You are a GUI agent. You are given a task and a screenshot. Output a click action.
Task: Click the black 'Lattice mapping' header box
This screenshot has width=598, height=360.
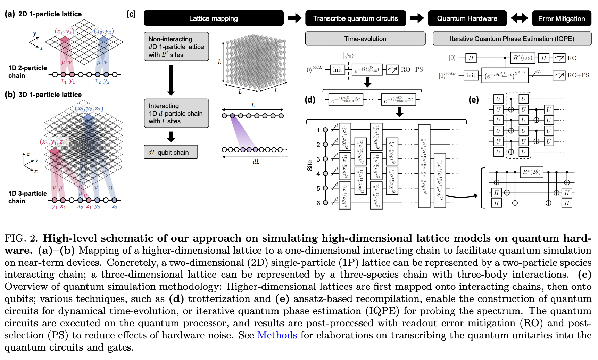[x=213, y=18]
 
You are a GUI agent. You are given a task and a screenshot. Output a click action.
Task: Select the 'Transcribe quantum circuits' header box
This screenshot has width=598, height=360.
[x=355, y=18]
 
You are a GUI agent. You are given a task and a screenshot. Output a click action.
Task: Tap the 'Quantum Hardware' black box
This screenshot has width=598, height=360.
[x=467, y=18]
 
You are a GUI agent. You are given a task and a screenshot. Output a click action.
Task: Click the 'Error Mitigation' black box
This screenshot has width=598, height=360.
[x=561, y=19]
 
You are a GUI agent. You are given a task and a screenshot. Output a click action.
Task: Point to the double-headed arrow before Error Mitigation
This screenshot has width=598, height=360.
[x=519, y=18]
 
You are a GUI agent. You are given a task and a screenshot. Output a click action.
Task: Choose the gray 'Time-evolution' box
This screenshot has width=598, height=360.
[x=365, y=39]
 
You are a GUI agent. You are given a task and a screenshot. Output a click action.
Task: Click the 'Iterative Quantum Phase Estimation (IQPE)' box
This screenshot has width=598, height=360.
[x=512, y=39]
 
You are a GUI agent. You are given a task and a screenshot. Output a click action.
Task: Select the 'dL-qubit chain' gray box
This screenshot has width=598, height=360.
[x=171, y=152]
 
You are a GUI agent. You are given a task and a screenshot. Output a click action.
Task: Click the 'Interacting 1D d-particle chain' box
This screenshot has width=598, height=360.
[x=176, y=113]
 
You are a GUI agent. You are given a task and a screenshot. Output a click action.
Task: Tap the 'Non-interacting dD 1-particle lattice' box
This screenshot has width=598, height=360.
[x=176, y=47]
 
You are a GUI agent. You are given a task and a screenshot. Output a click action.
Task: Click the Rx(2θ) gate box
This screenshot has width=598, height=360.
[x=531, y=172]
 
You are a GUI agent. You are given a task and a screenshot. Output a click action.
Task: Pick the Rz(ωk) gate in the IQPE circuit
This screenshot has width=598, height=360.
[x=523, y=58]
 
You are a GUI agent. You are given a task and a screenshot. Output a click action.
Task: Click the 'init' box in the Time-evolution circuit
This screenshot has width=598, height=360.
[x=337, y=69]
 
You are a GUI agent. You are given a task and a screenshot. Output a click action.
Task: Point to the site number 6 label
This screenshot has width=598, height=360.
[x=318, y=203]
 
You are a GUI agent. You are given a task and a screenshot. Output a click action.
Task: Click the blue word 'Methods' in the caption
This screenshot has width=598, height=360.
[x=277, y=335]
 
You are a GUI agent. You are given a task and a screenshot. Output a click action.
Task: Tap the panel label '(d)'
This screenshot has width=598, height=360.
[x=310, y=100]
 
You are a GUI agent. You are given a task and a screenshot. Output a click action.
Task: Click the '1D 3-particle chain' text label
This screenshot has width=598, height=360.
[x=27, y=197]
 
